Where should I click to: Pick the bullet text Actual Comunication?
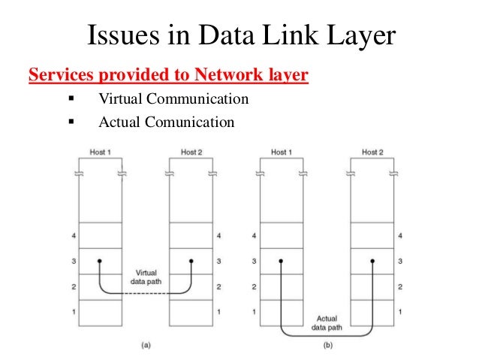click(166, 121)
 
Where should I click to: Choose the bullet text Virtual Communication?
click(173, 99)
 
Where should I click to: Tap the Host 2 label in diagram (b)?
click(373, 152)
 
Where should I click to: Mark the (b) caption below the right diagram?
click(327, 346)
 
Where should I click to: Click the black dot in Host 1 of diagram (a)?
click(99, 262)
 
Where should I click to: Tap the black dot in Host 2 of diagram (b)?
click(372, 262)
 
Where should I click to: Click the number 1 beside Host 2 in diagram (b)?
click(399, 311)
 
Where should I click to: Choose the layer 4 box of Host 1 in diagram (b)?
click(281, 235)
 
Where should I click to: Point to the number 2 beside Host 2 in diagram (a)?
click(218, 286)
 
